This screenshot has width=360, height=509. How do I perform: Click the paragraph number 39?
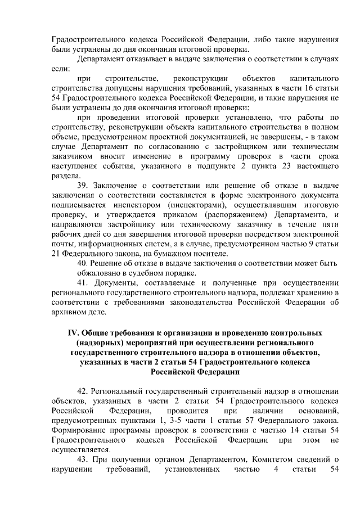point(82,186)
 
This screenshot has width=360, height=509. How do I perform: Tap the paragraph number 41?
point(82,282)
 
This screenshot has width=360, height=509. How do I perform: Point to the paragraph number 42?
point(82,390)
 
